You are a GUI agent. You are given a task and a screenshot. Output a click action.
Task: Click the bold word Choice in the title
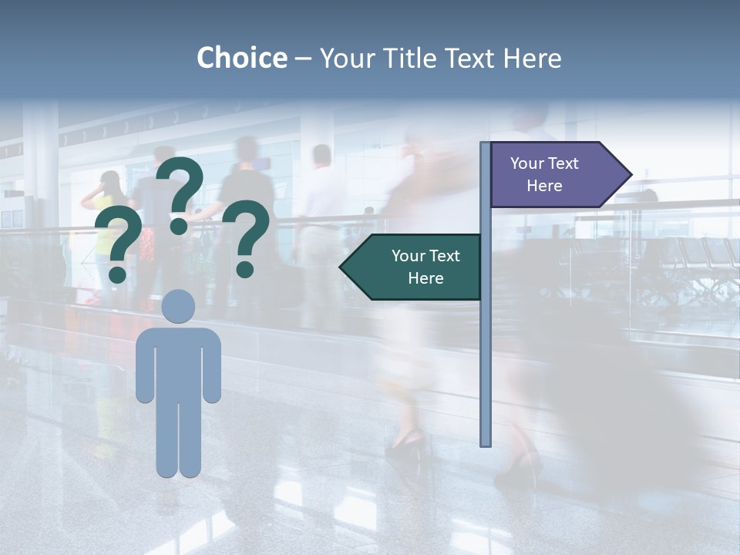pos(241,58)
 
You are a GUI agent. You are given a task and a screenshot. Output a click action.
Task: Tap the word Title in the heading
pos(415,58)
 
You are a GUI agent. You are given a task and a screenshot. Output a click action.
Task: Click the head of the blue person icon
pos(178,305)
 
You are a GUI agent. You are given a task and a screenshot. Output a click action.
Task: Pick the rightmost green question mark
pos(247,235)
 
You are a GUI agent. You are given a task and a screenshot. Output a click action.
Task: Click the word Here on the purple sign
pos(544,186)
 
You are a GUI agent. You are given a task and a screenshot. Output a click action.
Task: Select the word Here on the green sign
pos(425,278)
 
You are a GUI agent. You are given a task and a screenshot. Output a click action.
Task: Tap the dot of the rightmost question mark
pos(245,269)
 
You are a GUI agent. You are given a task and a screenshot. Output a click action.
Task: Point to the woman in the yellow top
pos(106,224)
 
